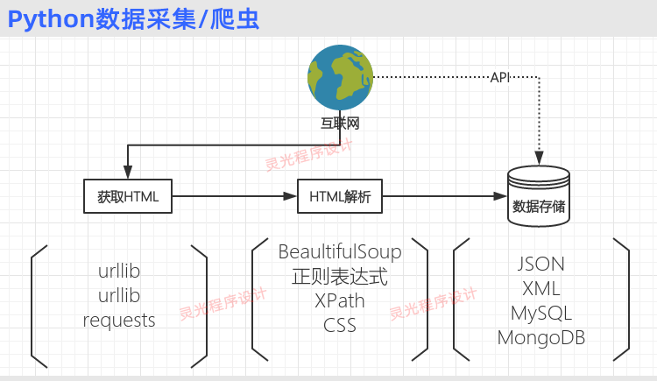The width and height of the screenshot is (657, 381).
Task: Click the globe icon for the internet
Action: (x=340, y=79)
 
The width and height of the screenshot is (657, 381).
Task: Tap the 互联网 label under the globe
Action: (x=340, y=123)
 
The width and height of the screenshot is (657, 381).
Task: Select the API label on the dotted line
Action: (x=500, y=78)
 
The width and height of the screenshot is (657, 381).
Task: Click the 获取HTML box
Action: (x=128, y=196)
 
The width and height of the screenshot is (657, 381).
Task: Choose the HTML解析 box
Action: (x=341, y=196)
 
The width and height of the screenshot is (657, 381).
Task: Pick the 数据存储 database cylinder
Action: (x=539, y=198)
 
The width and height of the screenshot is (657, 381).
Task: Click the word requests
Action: (x=119, y=320)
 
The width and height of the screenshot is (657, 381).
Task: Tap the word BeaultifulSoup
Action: (x=340, y=252)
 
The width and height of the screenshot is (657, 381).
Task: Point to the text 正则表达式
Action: (x=340, y=278)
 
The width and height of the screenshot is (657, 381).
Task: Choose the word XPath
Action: (x=340, y=301)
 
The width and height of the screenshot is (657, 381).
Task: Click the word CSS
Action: (x=340, y=325)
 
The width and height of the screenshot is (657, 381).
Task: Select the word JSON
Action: (x=541, y=264)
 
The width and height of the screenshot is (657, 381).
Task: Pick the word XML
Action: (x=541, y=288)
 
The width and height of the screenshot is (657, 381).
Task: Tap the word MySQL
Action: (x=541, y=313)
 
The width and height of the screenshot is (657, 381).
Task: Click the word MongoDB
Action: (x=541, y=337)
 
